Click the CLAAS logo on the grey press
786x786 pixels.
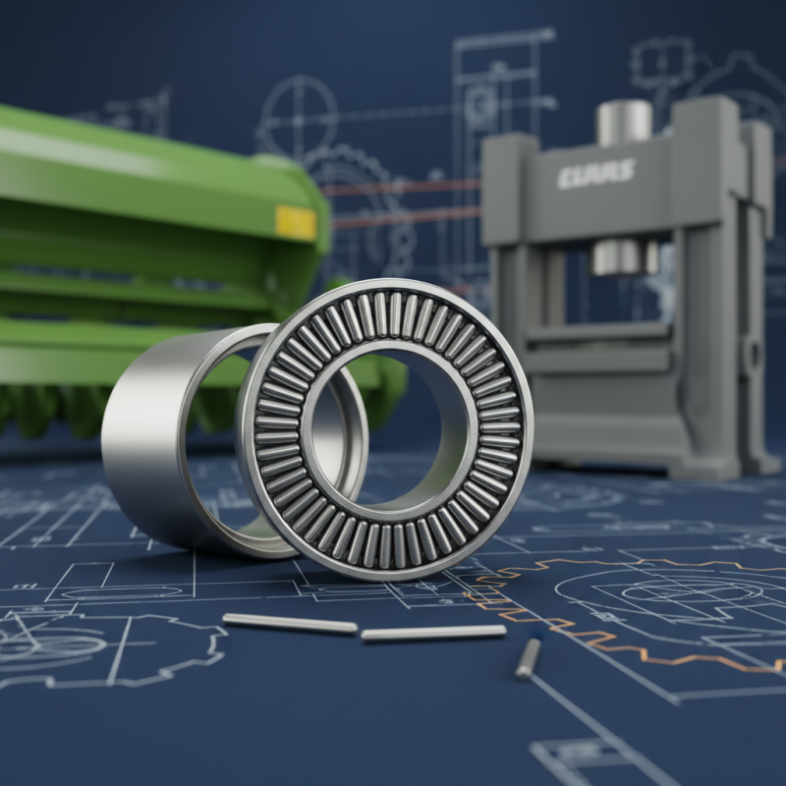click(x=595, y=174)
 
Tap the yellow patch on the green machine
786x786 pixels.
click(x=296, y=223)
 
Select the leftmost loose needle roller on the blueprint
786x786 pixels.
click(x=290, y=624)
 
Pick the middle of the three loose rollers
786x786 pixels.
click(x=432, y=634)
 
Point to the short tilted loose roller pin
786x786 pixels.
click(x=529, y=657)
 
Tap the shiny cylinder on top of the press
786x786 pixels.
click(x=624, y=121)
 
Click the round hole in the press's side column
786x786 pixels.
click(x=753, y=353)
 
